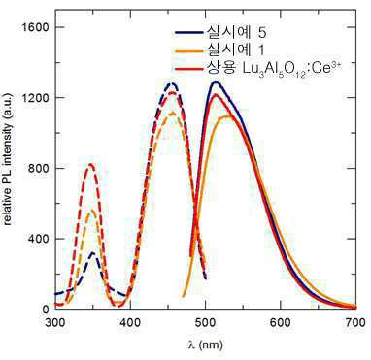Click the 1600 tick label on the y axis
tap(33, 27)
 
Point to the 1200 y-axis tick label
tap(33, 98)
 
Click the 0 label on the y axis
tap(43, 310)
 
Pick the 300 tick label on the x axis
tap(55, 323)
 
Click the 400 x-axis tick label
tap(130, 323)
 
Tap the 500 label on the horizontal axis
tap(206, 323)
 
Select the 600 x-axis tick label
tap(281, 323)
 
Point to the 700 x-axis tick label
tap(355, 323)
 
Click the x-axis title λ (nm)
tap(205, 344)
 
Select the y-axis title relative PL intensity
tap(9, 159)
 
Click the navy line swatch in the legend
tap(188, 32)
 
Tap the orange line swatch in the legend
tap(188, 50)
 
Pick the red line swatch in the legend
tap(188, 69)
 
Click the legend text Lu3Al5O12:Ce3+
tap(281, 69)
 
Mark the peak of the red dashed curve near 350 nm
tap(90, 164)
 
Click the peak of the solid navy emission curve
tap(215, 82)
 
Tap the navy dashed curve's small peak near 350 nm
tap(93, 253)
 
